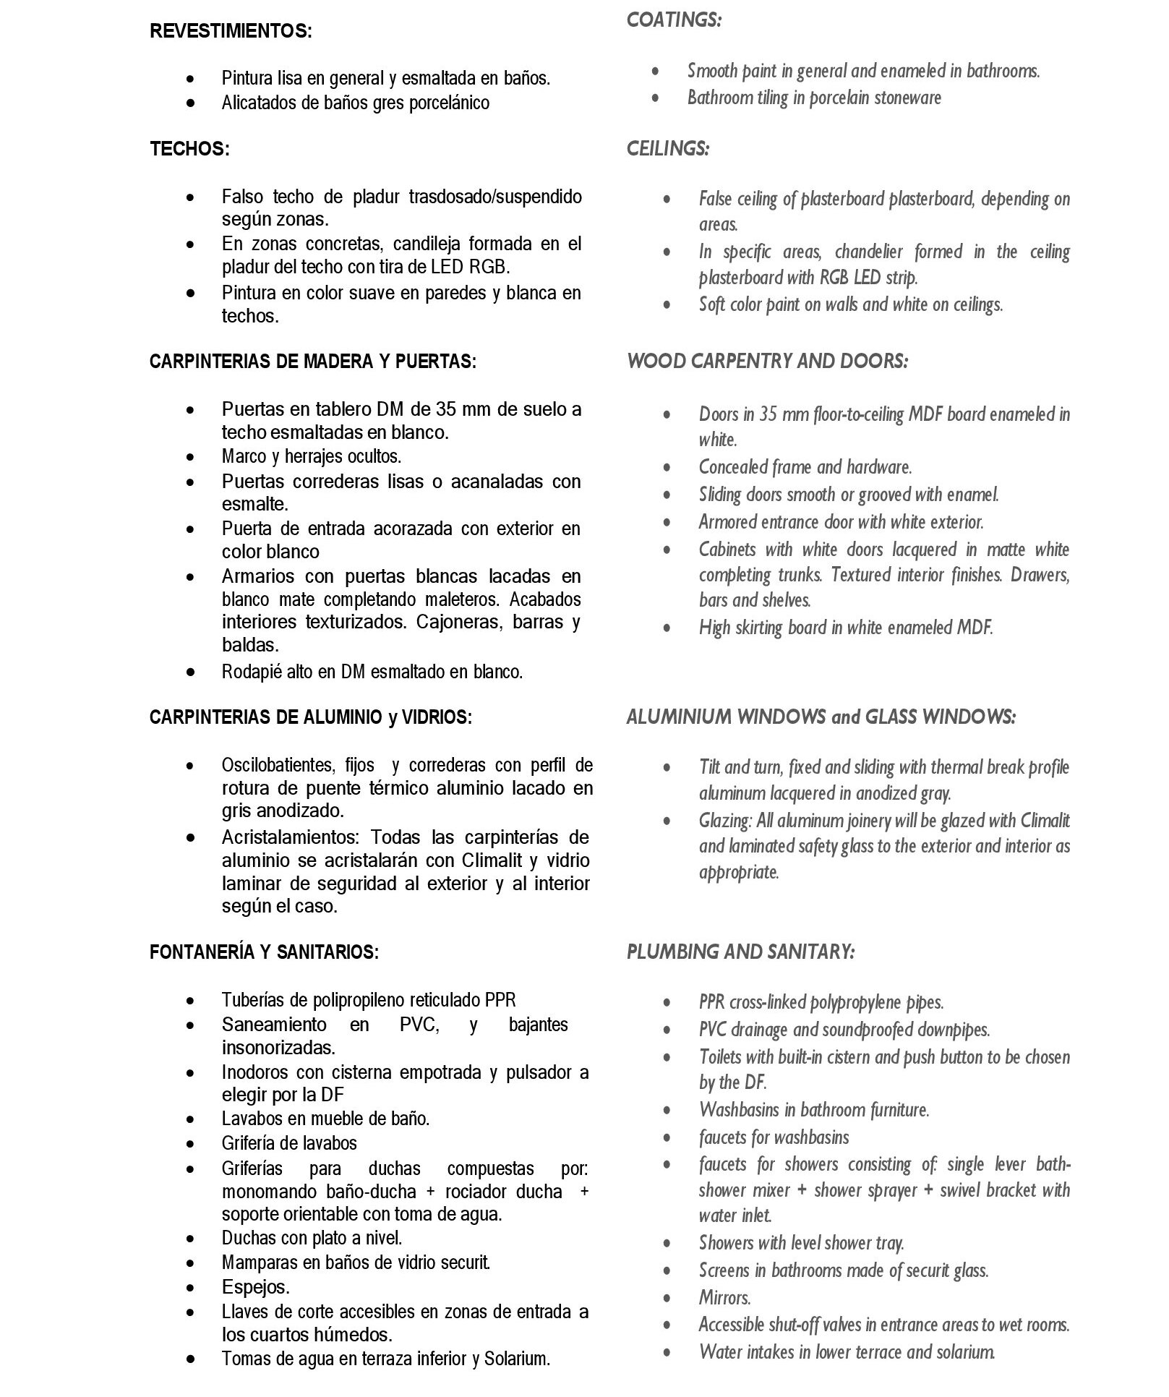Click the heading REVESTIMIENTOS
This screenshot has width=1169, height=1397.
[231, 31]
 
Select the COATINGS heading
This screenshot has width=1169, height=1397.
[674, 20]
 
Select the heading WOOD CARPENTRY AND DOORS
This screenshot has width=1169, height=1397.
[767, 361]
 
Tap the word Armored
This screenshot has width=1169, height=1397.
[728, 521]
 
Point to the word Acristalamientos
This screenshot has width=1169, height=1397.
[291, 837]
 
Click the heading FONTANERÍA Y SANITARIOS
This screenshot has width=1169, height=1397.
[264, 952]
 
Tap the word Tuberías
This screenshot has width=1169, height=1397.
[251, 1000]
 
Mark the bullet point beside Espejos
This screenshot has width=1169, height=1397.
[190, 1288]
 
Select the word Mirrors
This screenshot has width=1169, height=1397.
[724, 1297]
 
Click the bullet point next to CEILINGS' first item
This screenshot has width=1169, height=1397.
[667, 199]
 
